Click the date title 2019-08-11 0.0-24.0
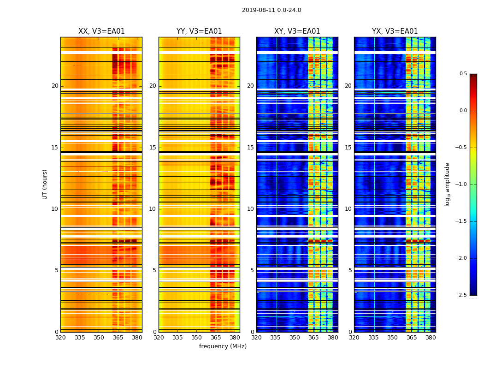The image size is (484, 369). (x=272, y=10)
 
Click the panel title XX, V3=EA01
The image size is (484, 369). (x=101, y=31)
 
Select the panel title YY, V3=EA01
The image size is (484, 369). (x=199, y=31)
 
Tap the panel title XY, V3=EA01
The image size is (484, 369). (x=297, y=31)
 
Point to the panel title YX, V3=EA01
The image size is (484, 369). (x=395, y=31)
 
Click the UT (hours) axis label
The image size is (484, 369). (x=45, y=184)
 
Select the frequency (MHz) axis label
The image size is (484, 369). (x=223, y=346)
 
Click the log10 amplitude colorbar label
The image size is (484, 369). (x=447, y=184)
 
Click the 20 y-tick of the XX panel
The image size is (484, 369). (x=55, y=86)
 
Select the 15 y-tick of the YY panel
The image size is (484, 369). (x=153, y=148)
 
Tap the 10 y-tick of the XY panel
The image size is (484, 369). (x=250, y=209)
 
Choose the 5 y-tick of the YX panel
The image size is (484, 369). (x=350, y=270)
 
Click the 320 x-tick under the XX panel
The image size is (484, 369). (x=60, y=338)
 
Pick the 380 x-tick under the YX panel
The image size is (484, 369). (x=431, y=338)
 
